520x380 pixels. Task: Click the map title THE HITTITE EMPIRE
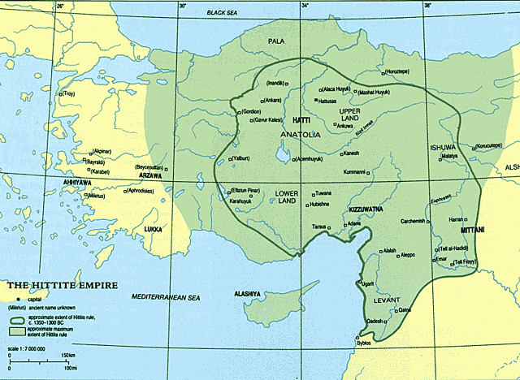click(58, 285)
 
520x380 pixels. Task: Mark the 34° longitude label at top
click(305, 6)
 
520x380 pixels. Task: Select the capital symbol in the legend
click(13, 300)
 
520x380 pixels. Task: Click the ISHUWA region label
click(444, 146)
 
